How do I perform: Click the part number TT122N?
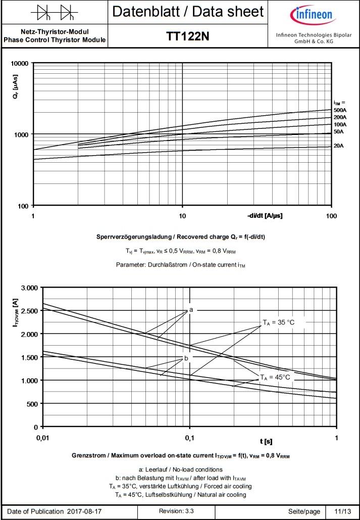(x=188, y=36)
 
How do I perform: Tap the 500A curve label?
(x=340, y=110)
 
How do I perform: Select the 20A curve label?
(x=338, y=146)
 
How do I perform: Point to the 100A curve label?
(x=340, y=124)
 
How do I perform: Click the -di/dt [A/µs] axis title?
(x=265, y=216)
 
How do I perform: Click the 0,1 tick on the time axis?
(x=190, y=437)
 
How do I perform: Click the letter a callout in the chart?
(x=191, y=309)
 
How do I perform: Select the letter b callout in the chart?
(x=186, y=358)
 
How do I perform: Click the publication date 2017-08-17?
(x=84, y=511)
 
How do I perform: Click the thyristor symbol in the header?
(x=55, y=11)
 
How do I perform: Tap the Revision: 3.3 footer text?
(x=176, y=511)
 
